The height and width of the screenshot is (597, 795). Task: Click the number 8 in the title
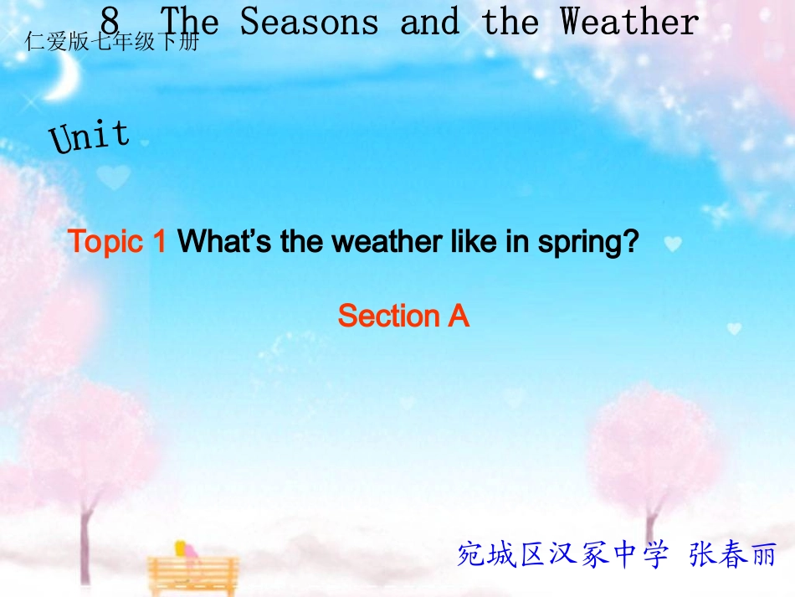coord(111,21)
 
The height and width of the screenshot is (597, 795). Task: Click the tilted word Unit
coord(90,136)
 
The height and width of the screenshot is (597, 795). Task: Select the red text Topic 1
coord(117,242)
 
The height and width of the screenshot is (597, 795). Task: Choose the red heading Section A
coord(403,316)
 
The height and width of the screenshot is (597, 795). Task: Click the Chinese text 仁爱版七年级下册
coord(113,42)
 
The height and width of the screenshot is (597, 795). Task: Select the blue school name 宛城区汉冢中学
coord(562,554)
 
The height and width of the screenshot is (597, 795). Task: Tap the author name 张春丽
coord(733,554)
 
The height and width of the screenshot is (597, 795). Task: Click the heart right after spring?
coord(673,244)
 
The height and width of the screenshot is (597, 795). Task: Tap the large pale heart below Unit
coord(114,177)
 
